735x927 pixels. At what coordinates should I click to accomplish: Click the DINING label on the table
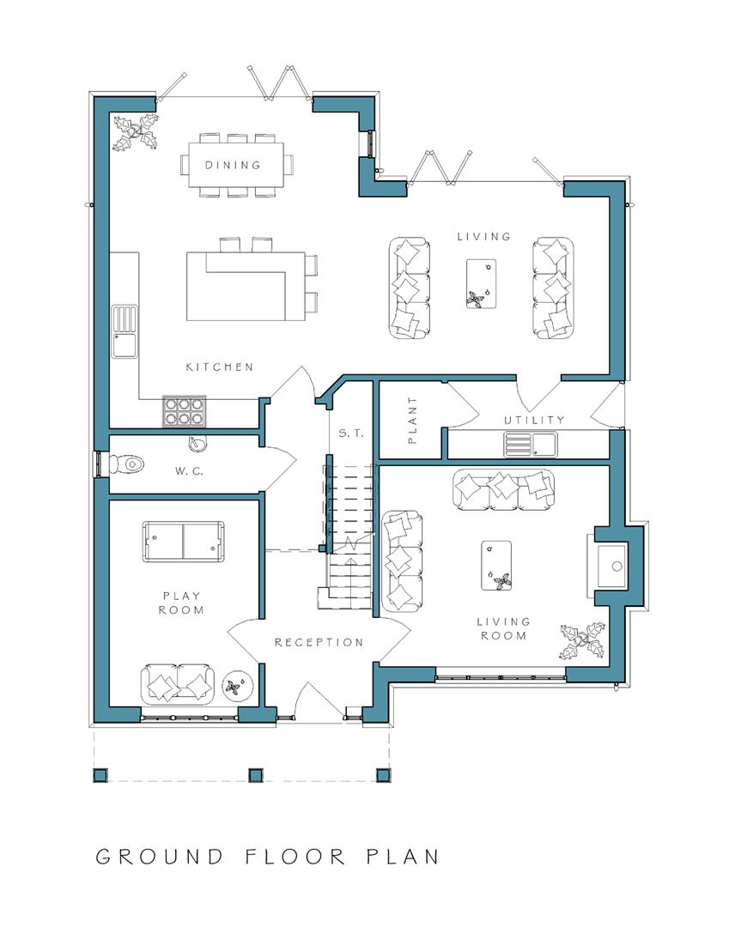coord(233,166)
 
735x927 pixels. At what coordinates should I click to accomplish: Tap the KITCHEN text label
coord(220,367)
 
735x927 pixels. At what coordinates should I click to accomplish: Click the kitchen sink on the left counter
coord(125,332)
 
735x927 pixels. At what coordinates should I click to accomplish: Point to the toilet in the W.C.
coord(129,463)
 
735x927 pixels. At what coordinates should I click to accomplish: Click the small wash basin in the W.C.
coord(197,443)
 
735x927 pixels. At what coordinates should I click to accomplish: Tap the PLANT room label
coord(411,420)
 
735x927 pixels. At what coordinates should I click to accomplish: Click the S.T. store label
coord(350,434)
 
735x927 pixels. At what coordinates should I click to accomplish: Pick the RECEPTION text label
coord(319,642)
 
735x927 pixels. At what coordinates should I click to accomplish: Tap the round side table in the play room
coord(236,685)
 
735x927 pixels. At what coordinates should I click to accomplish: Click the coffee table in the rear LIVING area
coord(482,283)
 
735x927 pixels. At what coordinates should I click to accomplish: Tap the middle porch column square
coord(254,775)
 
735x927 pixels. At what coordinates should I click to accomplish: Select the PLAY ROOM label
coord(181,603)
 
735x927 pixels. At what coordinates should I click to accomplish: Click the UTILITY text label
coord(534,420)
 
